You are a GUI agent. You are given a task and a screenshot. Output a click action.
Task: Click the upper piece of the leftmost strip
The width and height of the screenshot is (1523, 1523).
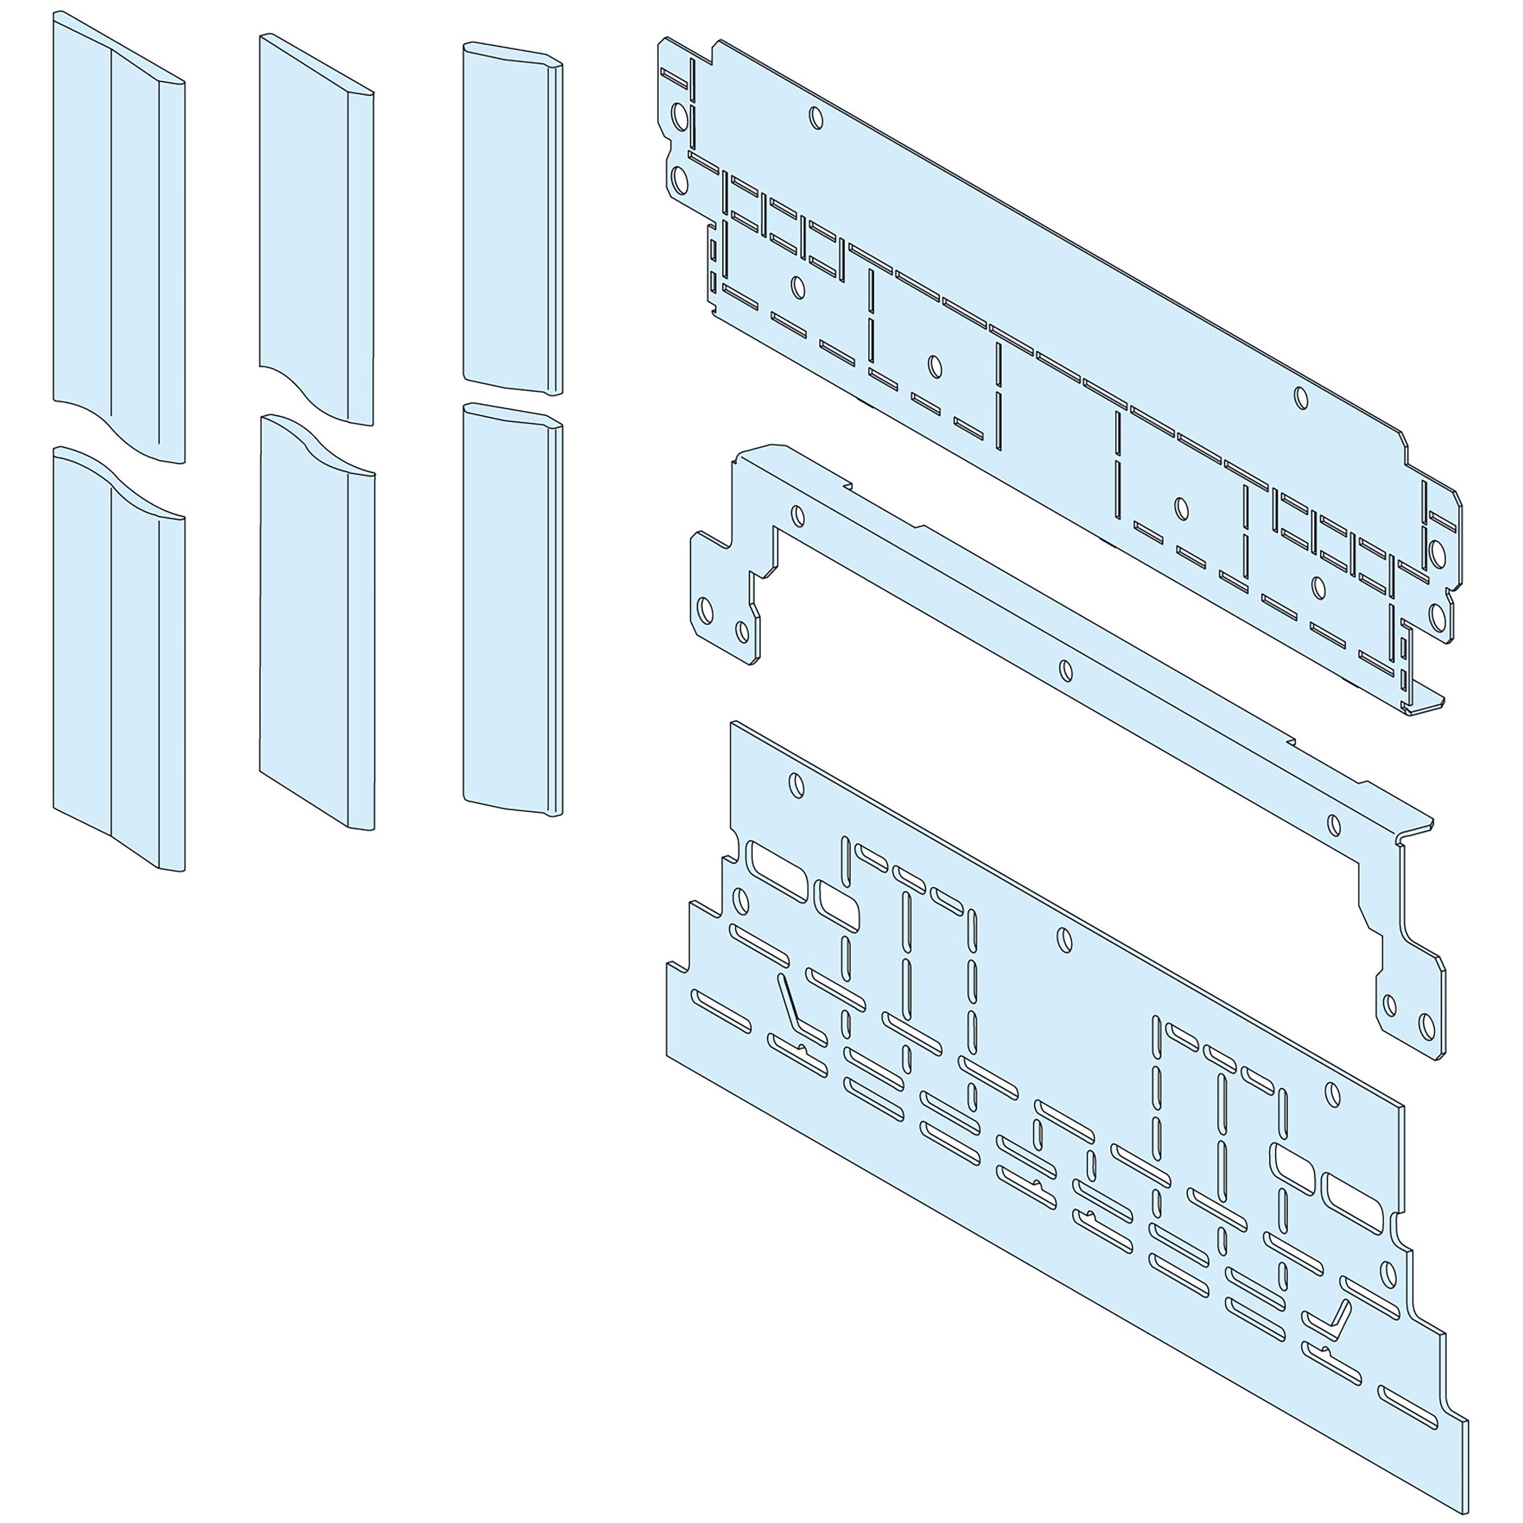118,237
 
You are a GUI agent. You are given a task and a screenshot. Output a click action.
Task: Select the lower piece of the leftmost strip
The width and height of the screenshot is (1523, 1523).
118,670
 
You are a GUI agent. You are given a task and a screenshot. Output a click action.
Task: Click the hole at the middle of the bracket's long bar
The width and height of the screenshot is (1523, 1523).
1065,671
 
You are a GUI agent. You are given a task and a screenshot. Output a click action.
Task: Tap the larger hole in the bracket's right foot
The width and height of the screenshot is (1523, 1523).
1425,1025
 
